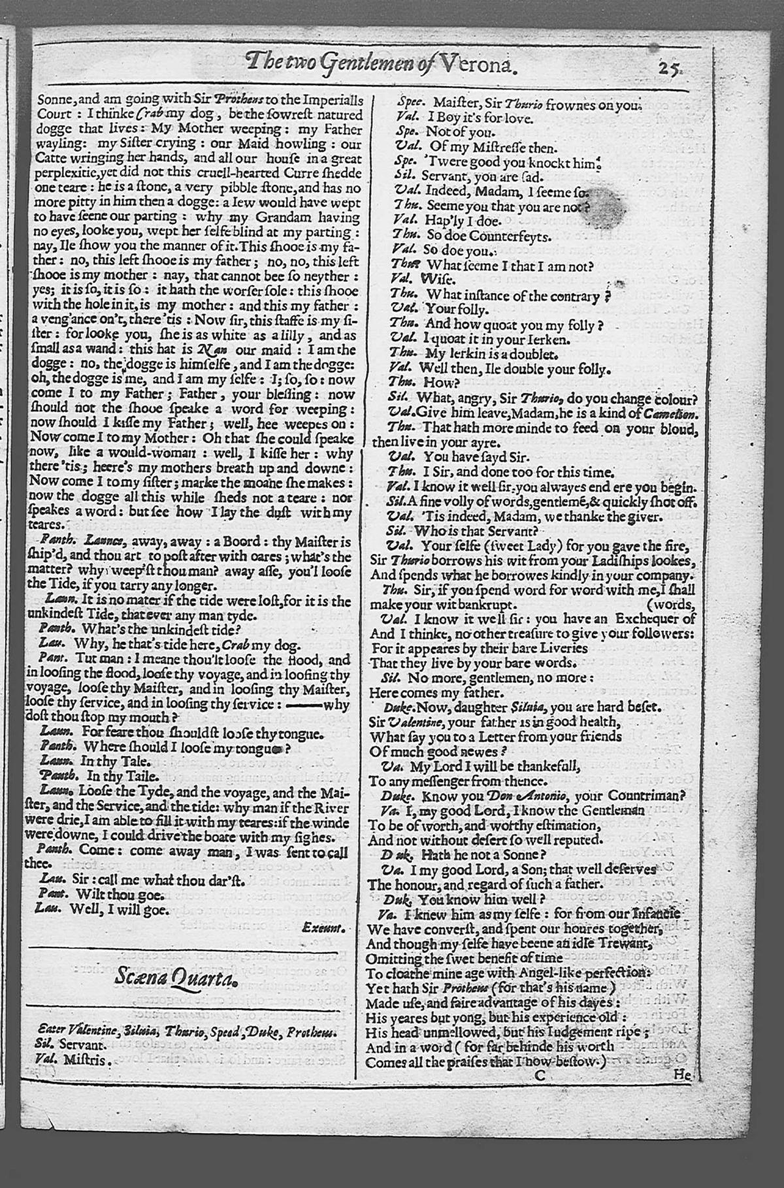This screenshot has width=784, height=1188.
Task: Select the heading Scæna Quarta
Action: [175, 977]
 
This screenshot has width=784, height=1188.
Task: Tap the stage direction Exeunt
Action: [325, 926]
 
